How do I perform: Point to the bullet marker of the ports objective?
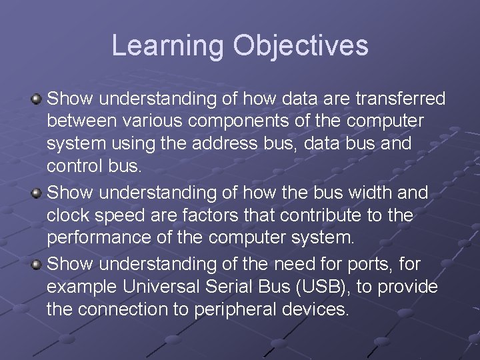click(37, 263)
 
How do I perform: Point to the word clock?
click(71, 216)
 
